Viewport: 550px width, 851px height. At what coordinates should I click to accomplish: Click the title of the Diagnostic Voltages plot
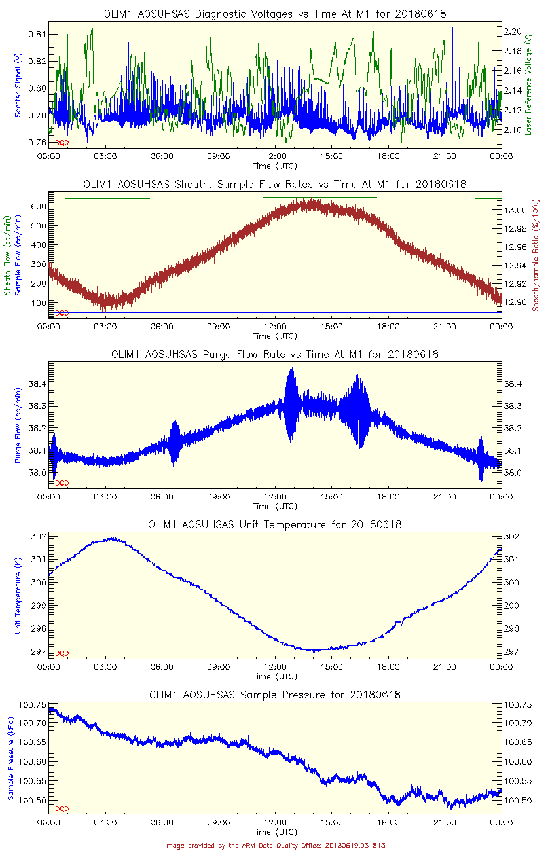[275, 14]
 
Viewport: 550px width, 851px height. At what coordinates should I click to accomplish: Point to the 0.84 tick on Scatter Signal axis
[38, 34]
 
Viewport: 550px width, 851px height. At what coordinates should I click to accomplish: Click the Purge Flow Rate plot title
[275, 354]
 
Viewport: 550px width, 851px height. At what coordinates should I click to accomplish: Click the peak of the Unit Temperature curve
[113, 539]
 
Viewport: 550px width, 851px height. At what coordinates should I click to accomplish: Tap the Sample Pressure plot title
[275, 695]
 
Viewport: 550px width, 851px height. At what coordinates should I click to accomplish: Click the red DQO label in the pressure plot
[62, 809]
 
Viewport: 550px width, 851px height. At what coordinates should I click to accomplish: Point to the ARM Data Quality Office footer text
[275, 845]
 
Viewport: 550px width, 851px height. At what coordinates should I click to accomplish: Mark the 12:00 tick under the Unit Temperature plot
[275, 667]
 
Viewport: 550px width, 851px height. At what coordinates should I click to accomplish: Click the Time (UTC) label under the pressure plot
[275, 832]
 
